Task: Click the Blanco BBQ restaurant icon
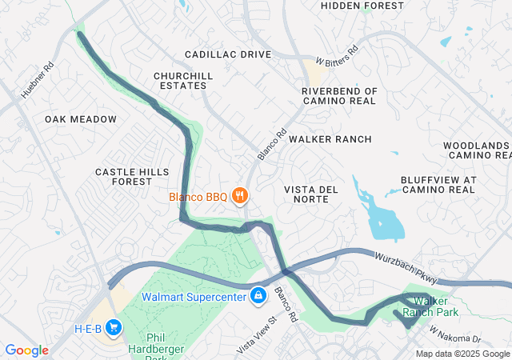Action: (238, 195)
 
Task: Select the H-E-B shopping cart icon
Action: (114, 328)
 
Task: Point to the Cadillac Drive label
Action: (228, 54)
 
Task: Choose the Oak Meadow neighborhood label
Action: (81, 119)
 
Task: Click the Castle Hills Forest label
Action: (133, 177)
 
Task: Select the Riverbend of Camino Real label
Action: (339, 97)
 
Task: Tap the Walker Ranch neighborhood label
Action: (330, 139)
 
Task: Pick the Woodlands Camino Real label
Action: (477, 150)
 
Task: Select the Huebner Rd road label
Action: (37, 81)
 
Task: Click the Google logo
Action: (26, 350)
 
